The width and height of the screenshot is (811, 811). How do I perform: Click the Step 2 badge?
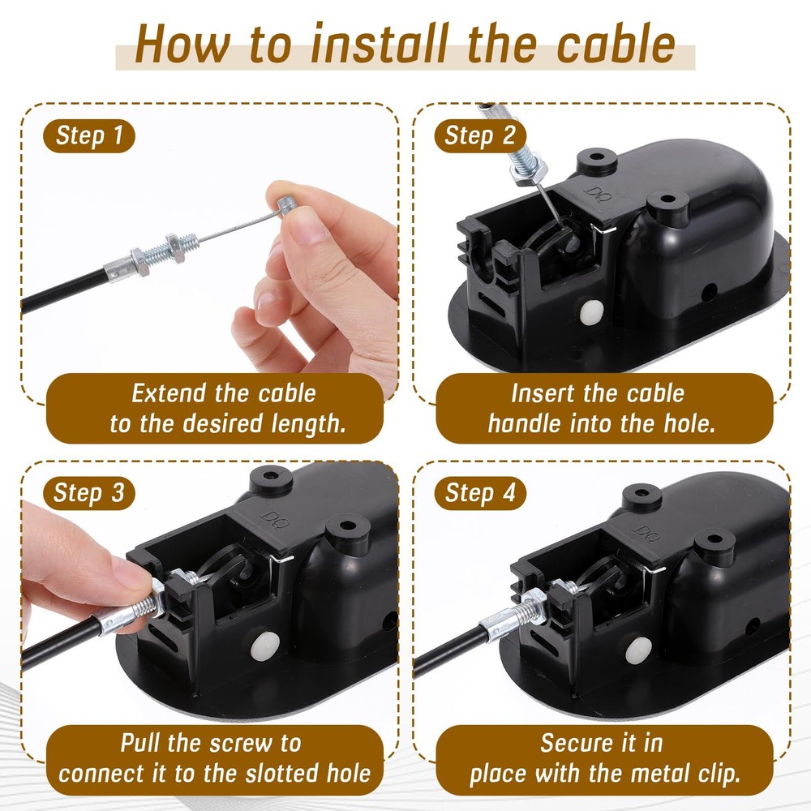pos(480,135)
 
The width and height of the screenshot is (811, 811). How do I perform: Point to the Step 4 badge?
pos(480,492)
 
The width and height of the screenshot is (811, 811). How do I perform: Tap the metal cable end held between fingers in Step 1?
pos(283,203)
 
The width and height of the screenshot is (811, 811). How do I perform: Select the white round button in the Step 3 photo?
pos(267,645)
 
